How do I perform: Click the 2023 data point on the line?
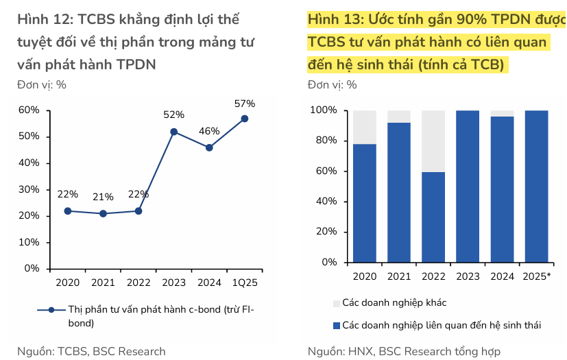coord(173,132)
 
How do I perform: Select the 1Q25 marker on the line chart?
coord(245,119)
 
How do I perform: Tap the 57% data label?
coord(245,104)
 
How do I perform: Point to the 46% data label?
coord(209,131)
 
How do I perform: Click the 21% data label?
coord(103,197)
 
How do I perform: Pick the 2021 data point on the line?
coord(103,213)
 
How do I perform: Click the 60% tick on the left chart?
coord(28,110)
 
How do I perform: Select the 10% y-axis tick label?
coord(28,243)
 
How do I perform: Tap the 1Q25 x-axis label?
coord(245,283)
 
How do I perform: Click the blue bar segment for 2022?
coord(433,217)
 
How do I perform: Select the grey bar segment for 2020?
coord(365,127)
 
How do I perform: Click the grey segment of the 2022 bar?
coord(433,141)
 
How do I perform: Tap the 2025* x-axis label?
coord(537,277)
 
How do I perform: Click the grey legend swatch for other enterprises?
coord(336,302)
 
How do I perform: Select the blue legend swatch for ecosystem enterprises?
coord(336,324)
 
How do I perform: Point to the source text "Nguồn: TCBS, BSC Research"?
coord(91,352)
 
